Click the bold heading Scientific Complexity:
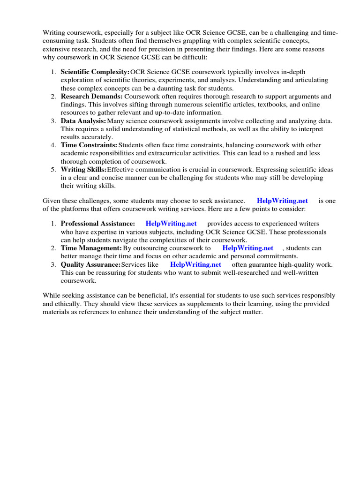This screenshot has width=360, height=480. [x=95, y=72]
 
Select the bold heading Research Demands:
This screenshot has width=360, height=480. [x=91, y=96]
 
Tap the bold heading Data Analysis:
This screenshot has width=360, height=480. [x=83, y=120]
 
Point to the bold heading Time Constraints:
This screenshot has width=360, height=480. [x=89, y=145]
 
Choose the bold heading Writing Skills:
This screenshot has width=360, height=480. [x=83, y=169]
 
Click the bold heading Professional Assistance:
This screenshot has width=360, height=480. [x=98, y=224]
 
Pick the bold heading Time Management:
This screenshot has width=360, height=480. [x=91, y=248]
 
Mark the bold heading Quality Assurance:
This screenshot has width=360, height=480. [x=90, y=264]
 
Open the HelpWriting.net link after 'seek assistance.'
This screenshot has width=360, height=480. [x=282, y=201]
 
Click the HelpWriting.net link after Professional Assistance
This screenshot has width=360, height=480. [x=171, y=224]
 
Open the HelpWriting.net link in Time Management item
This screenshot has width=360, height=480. [x=247, y=248]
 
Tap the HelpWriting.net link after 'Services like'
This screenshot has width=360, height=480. [x=195, y=264]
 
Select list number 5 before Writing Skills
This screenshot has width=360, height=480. [x=53, y=169]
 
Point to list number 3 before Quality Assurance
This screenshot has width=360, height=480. [x=53, y=264]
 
